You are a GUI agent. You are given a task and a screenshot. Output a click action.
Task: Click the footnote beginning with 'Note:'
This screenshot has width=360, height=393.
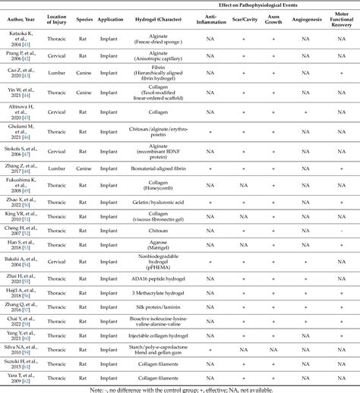coord(180,388)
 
